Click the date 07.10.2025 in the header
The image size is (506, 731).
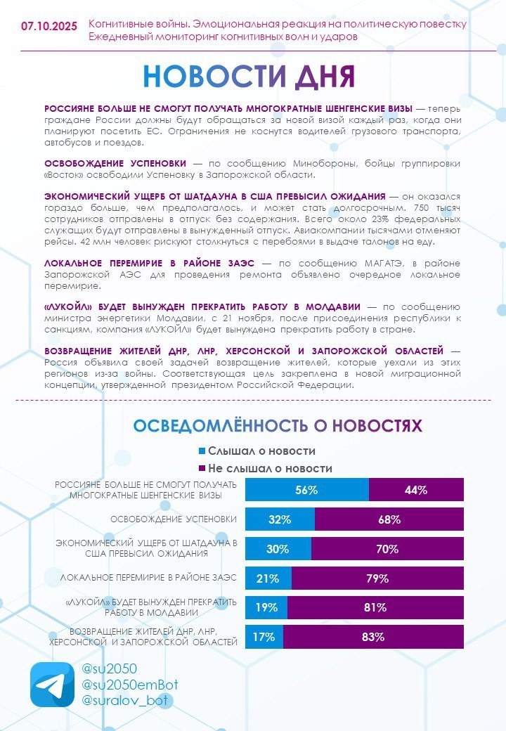(x=49, y=27)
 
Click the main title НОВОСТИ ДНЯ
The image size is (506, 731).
(x=249, y=77)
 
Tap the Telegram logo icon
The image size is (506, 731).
(x=52, y=685)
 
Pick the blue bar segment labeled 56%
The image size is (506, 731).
(x=307, y=490)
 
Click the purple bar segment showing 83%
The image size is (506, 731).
(x=373, y=638)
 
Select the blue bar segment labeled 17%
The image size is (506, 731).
(x=264, y=638)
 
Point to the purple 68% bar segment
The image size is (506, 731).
(x=389, y=520)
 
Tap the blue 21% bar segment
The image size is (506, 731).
(x=268, y=578)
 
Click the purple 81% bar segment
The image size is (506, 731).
(x=375, y=608)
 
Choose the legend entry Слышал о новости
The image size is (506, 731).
(x=257, y=451)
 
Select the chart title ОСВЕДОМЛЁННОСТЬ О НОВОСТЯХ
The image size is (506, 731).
(x=278, y=426)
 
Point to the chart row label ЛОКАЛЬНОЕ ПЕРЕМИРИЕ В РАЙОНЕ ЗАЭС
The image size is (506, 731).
(x=149, y=578)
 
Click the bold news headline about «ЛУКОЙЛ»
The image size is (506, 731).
(x=202, y=307)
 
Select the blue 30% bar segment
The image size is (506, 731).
(x=278, y=549)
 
